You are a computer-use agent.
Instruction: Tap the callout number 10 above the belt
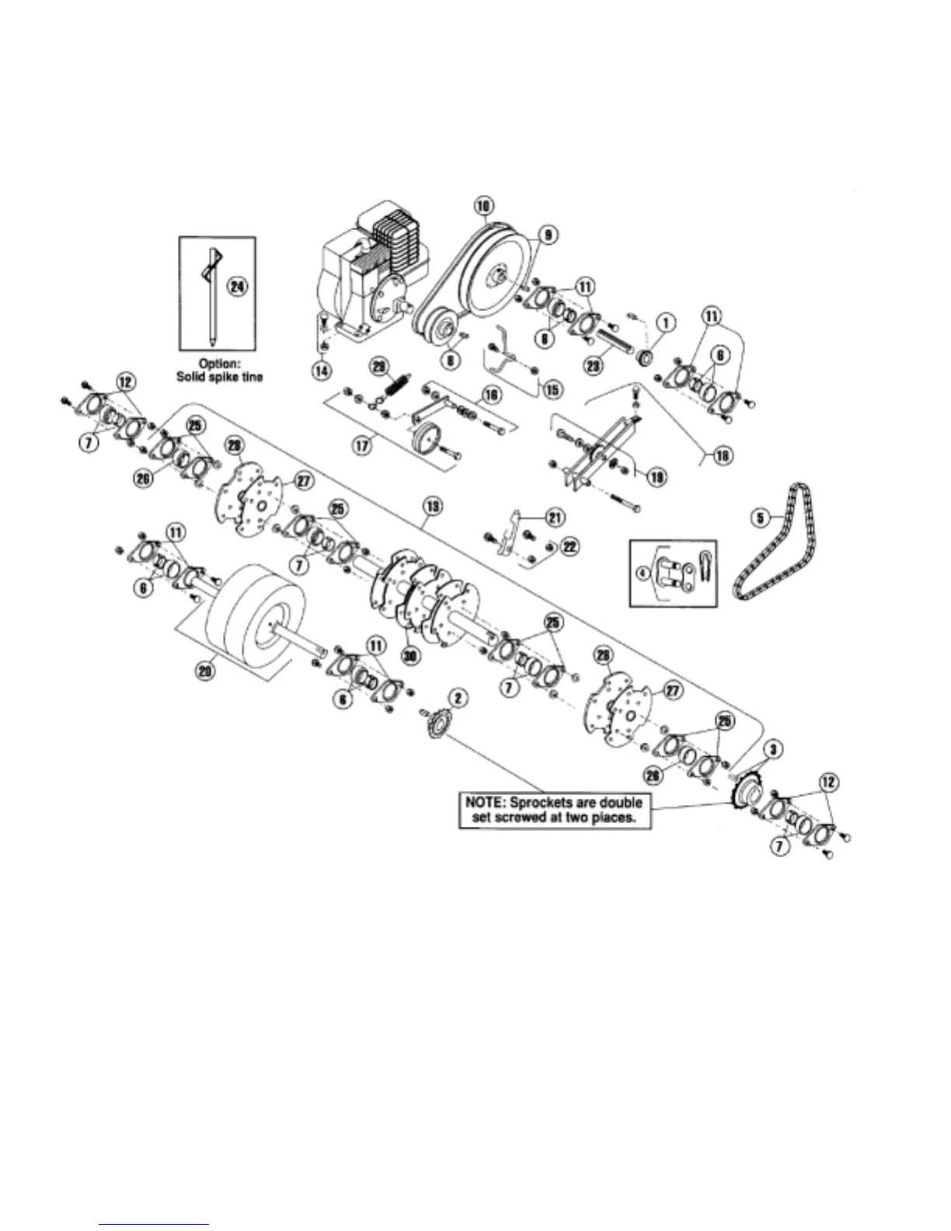(x=482, y=205)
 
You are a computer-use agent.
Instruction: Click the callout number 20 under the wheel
(x=205, y=671)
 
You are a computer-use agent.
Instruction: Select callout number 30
(x=410, y=655)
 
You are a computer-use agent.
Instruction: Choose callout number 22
(x=570, y=546)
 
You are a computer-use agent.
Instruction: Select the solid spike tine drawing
(x=211, y=295)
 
